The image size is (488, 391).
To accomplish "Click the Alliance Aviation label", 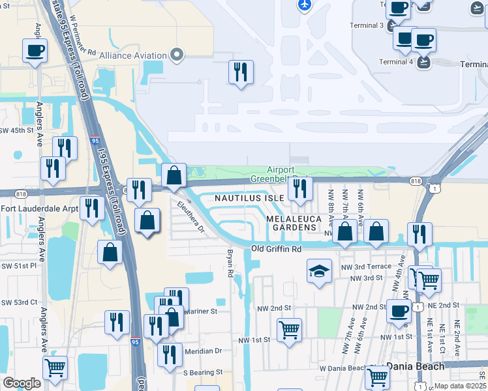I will [132, 55].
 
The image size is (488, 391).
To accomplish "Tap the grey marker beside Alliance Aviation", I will [175, 55].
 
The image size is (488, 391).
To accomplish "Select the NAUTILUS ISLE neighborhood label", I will [246, 197].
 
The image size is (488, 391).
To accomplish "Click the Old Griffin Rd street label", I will [277, 249].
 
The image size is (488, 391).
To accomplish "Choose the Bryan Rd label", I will [230, 263].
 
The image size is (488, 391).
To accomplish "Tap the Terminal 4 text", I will [396, 62].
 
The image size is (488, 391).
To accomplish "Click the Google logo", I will [22, 383].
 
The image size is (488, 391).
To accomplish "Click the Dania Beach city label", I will [415, 366].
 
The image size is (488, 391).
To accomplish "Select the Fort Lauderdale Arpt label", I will [40, 209].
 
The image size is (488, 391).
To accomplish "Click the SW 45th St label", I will [17, 130].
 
